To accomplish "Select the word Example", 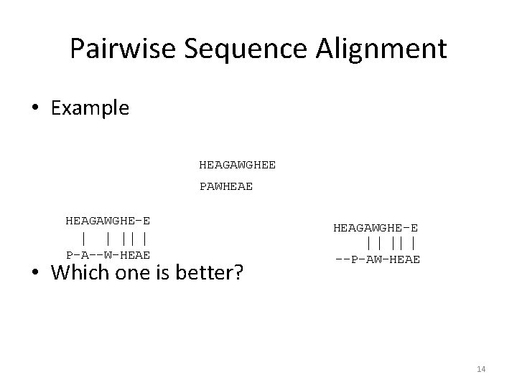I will (x=90, y=108).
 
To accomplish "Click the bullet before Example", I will (x=35, y=109).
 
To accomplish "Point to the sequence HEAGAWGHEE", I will (x=237, y=165).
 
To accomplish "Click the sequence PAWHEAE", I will (x=225, y=188).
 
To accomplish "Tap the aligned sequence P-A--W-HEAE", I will (x=108, y=254).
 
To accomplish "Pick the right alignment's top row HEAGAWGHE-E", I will (x=376, y=227).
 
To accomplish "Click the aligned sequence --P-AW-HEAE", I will (x=377, y=259).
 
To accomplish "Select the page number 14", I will (x=481, y=368).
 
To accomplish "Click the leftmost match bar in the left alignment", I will (x=85, y=237).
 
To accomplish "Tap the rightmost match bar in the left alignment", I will (x=146, y=237).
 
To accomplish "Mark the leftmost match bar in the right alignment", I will (x=369, y=244).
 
